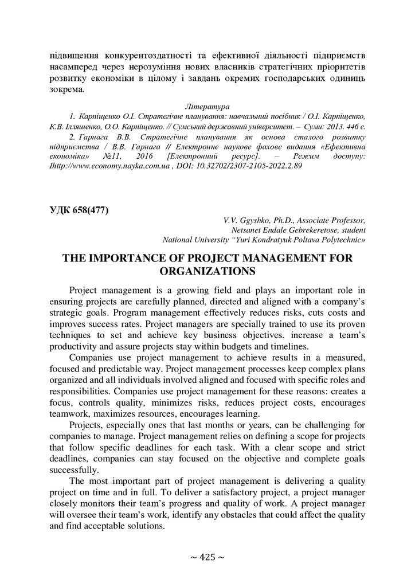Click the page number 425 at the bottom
207,557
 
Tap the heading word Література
207,107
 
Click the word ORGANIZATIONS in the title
207,269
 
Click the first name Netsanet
245,229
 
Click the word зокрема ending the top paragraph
66,89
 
